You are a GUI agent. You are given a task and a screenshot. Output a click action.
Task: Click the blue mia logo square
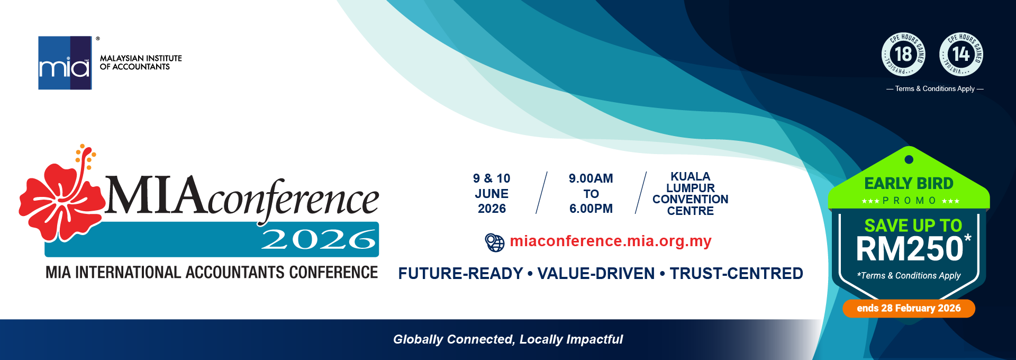[65, 63]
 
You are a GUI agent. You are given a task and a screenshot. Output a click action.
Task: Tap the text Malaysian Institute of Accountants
[141, 62]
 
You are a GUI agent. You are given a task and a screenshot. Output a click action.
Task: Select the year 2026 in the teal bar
[319, 239]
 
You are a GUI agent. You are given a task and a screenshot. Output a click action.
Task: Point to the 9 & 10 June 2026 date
[492, 194]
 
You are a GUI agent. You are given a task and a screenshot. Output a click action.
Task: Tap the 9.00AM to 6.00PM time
[591, 194]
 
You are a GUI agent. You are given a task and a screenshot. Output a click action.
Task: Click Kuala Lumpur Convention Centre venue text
[690, 194]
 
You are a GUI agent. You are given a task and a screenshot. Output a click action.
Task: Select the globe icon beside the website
[495, 242]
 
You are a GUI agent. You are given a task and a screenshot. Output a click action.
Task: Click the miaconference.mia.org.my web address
[611, 241]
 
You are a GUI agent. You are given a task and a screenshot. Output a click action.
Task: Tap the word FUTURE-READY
[460, 274]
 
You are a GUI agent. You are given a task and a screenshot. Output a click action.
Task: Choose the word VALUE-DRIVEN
[596, 274]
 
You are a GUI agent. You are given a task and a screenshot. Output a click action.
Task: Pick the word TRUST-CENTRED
[737, 274]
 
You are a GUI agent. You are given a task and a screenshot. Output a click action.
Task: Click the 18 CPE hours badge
[903, 54]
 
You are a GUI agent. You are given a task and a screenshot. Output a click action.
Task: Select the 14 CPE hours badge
[961, 54]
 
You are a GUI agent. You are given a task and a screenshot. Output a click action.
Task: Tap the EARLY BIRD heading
[909, 184]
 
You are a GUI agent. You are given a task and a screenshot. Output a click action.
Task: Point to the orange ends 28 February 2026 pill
[909, 308]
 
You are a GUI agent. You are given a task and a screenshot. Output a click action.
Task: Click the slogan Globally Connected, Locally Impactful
[508, 339]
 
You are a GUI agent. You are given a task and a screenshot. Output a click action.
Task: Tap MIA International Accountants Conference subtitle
[212, 272]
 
